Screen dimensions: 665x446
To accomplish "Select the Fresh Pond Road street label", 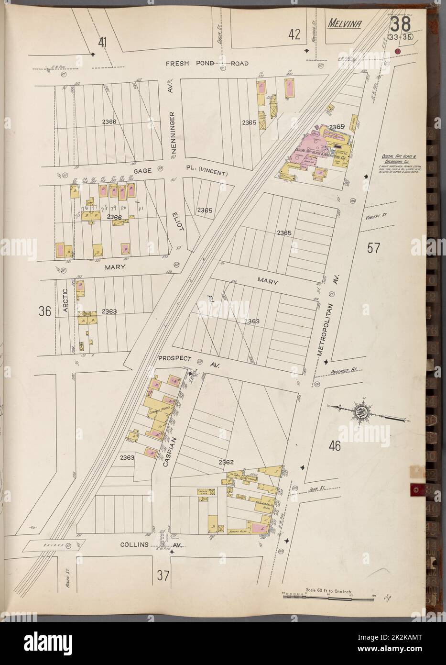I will [x=207, y=63].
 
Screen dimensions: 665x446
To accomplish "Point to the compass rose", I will [x=362, y=410].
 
